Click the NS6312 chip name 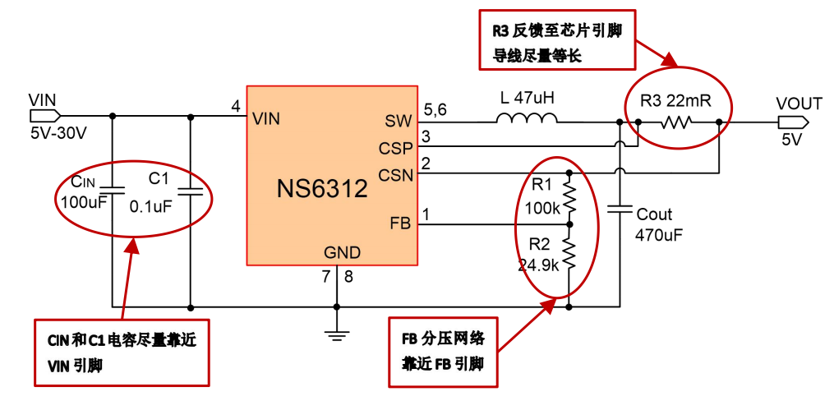click(x=321, y=189)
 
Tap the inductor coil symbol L click(x=527, y=120)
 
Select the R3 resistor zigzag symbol click(x=678, y=122)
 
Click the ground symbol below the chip click(x=336, y=333)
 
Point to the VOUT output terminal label click(x=799, y=104)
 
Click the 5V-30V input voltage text click(x=58, y=132)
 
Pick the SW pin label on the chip click(x=397, y=122)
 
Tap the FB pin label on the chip click(x=400, y=223)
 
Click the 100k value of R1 click(x=541, y=209)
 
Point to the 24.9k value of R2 click(x=539, y=265)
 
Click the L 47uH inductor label click(x=527, y=98)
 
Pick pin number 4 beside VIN click(x=236, y=107)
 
